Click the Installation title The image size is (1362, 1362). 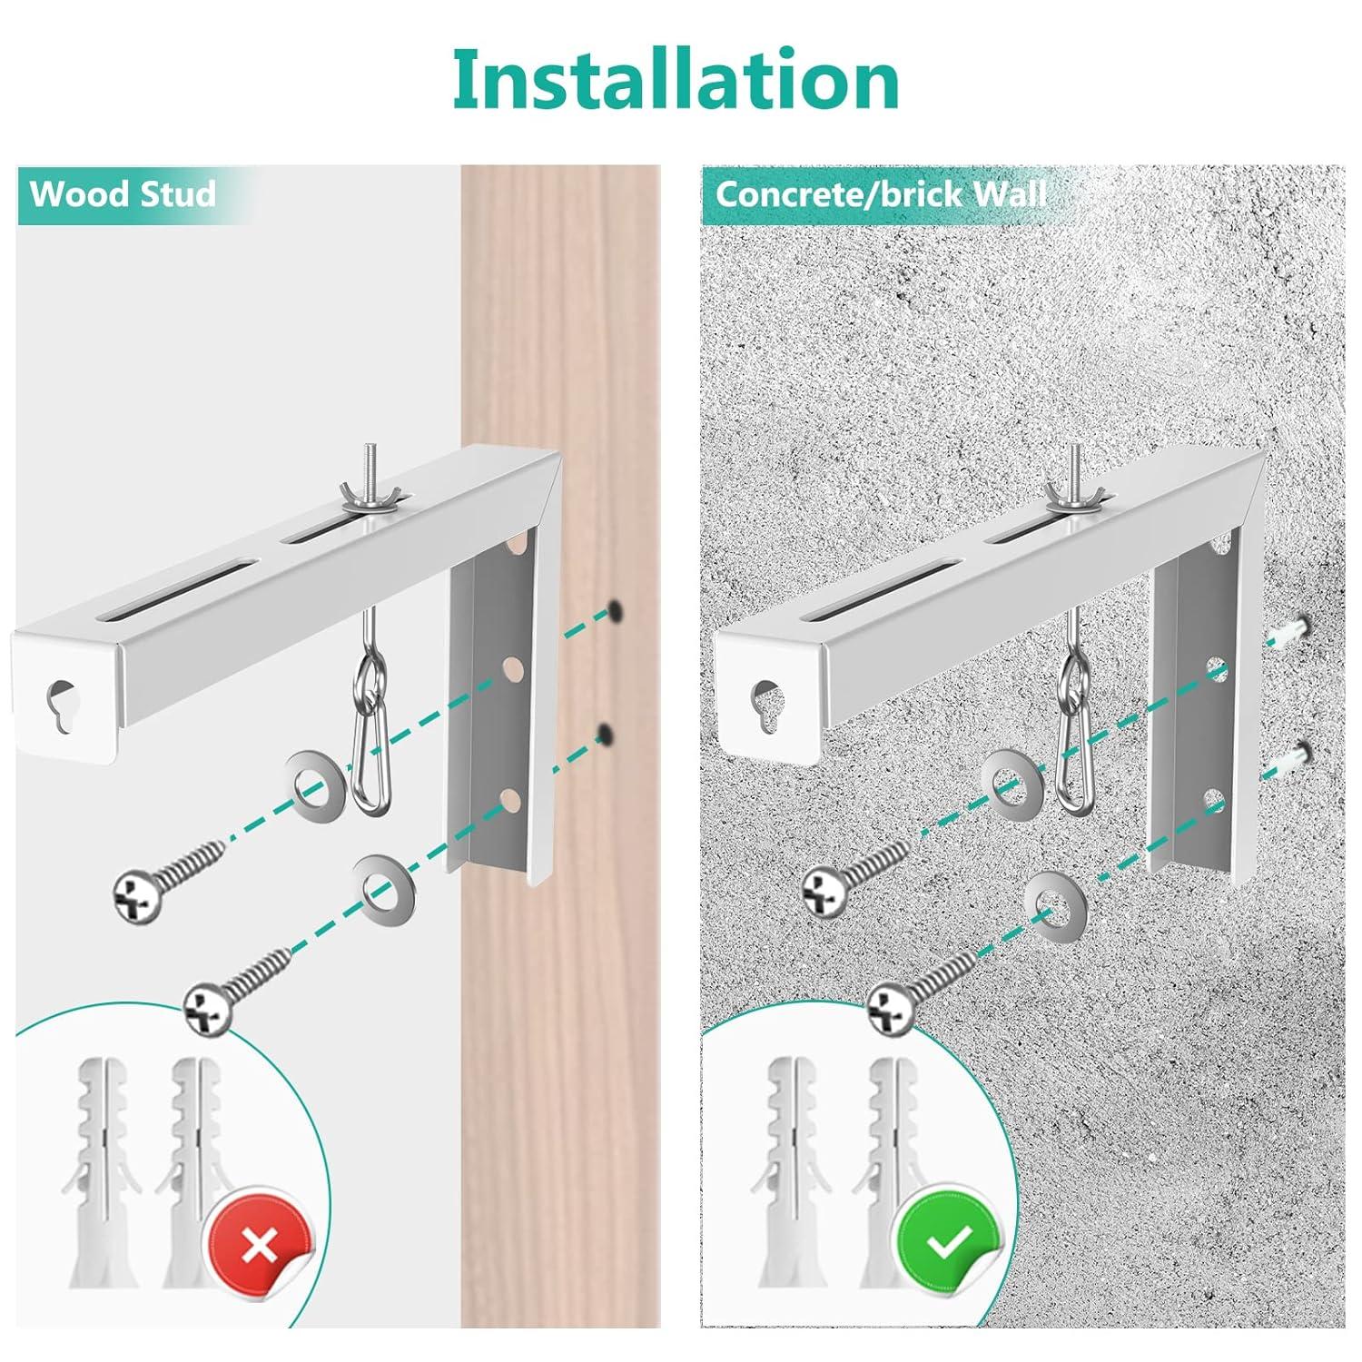[x=676, y=80]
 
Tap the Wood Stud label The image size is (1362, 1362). [x=123, y=194]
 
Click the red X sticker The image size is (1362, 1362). [x=260, y=1246]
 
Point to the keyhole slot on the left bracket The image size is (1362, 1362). [x=63, y=701]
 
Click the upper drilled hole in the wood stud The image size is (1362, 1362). [x=615, y=610]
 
